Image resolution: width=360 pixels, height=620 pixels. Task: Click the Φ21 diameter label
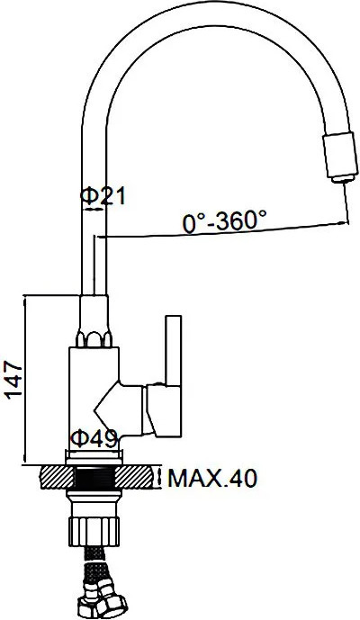[103, 196]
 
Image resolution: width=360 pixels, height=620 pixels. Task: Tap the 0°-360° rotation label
[224, 220]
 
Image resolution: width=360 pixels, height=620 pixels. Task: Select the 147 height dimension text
[13, 379]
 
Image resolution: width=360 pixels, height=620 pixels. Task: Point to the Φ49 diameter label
[94, 437]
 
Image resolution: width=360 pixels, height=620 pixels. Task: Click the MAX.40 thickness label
[212, 478]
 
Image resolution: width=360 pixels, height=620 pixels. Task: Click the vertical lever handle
[174, 350]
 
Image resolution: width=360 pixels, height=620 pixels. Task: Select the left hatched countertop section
[58, 477]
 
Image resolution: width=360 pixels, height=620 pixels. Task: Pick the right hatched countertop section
[133, 477]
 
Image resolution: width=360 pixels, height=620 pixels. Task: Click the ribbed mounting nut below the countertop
[94, 531]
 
